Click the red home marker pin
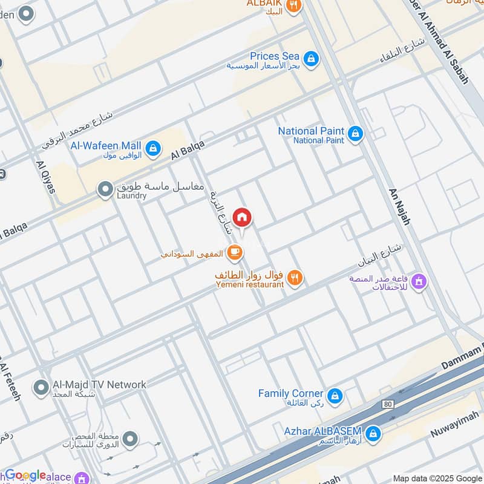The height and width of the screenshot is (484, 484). pos(242,217)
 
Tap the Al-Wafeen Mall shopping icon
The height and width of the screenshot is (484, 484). pos(153,147)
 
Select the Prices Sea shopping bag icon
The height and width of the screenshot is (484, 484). pos(311,58)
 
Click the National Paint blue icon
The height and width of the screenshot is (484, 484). pos(355,132)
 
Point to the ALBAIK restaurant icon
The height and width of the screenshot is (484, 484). pos(293,6)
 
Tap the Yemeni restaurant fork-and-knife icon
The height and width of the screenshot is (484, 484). pos(294,278)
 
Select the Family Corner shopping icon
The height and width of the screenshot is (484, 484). pos(335,396)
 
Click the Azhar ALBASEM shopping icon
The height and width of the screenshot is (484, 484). pos(373,433)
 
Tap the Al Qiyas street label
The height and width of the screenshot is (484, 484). pos(46,177)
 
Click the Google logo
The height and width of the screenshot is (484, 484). pos(25,475)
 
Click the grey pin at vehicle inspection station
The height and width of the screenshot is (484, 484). pos(129,438)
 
